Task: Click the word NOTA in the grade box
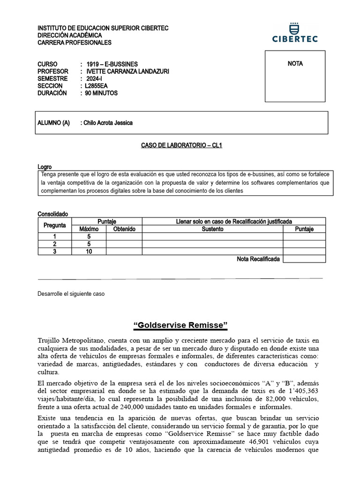(x=295, y=64)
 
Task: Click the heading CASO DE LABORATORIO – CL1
(x=181, y=145)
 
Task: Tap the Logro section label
(x=45, y=167)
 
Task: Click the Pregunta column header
(x=55, y=225)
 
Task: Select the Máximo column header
(x=89, y=229)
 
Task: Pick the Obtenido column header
(x=124, y=229)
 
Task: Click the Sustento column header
(x=212, y=229)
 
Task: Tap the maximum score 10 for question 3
(x=89, y=251)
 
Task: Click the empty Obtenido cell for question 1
(x=124, y=237)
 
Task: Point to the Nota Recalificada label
(x=259, y=259)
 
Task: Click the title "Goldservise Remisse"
(x=180, y=325)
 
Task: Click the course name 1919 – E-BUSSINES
(x=112, y=64)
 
